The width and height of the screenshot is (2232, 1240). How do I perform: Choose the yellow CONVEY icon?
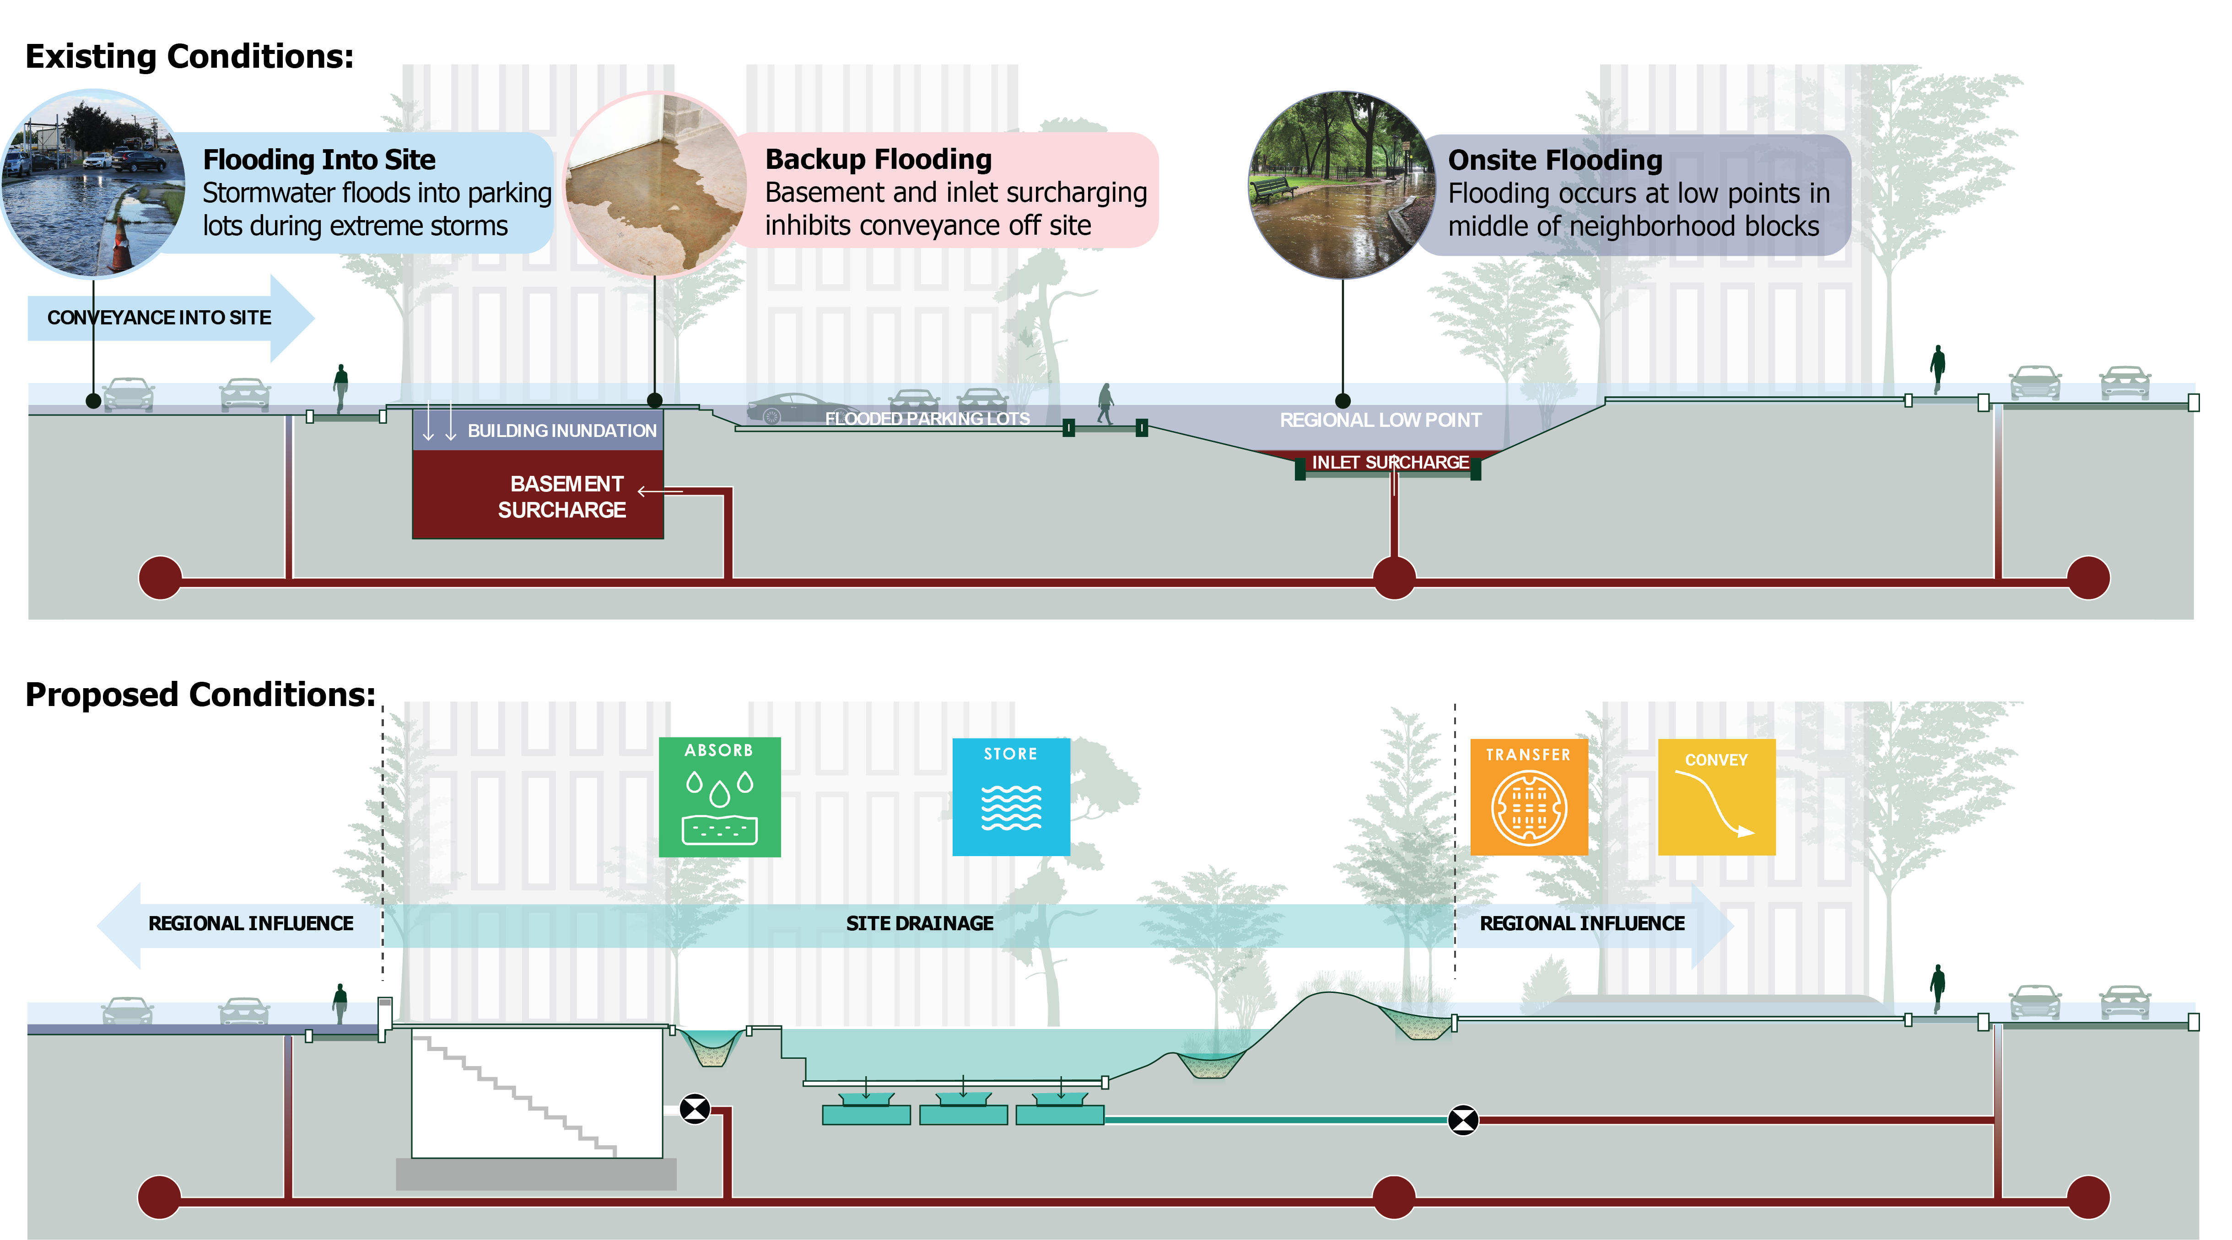[1715, 796]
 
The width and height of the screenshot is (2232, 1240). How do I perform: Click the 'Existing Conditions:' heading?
[189, 56]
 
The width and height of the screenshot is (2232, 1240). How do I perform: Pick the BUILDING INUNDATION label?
[561, 431]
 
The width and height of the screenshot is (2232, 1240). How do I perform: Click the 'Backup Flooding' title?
[878, 159]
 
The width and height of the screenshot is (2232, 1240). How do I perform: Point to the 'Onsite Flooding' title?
[1554, 160]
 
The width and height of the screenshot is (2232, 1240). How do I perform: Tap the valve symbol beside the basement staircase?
[694, 1108]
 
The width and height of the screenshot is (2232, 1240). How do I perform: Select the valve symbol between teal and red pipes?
[1462, 1120]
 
